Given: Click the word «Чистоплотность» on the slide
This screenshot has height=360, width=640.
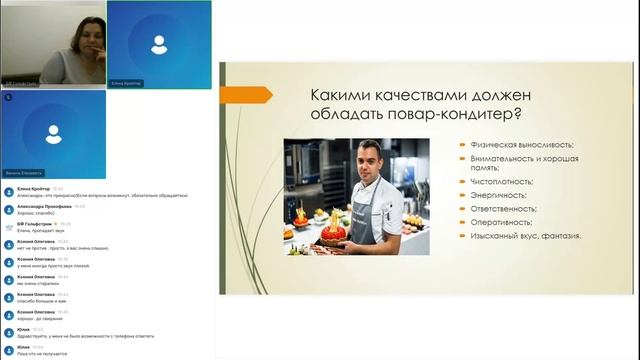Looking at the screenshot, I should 499,181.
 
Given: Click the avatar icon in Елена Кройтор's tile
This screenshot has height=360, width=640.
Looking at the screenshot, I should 157,44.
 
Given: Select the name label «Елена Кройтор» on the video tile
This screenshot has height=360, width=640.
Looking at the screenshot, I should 127,84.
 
